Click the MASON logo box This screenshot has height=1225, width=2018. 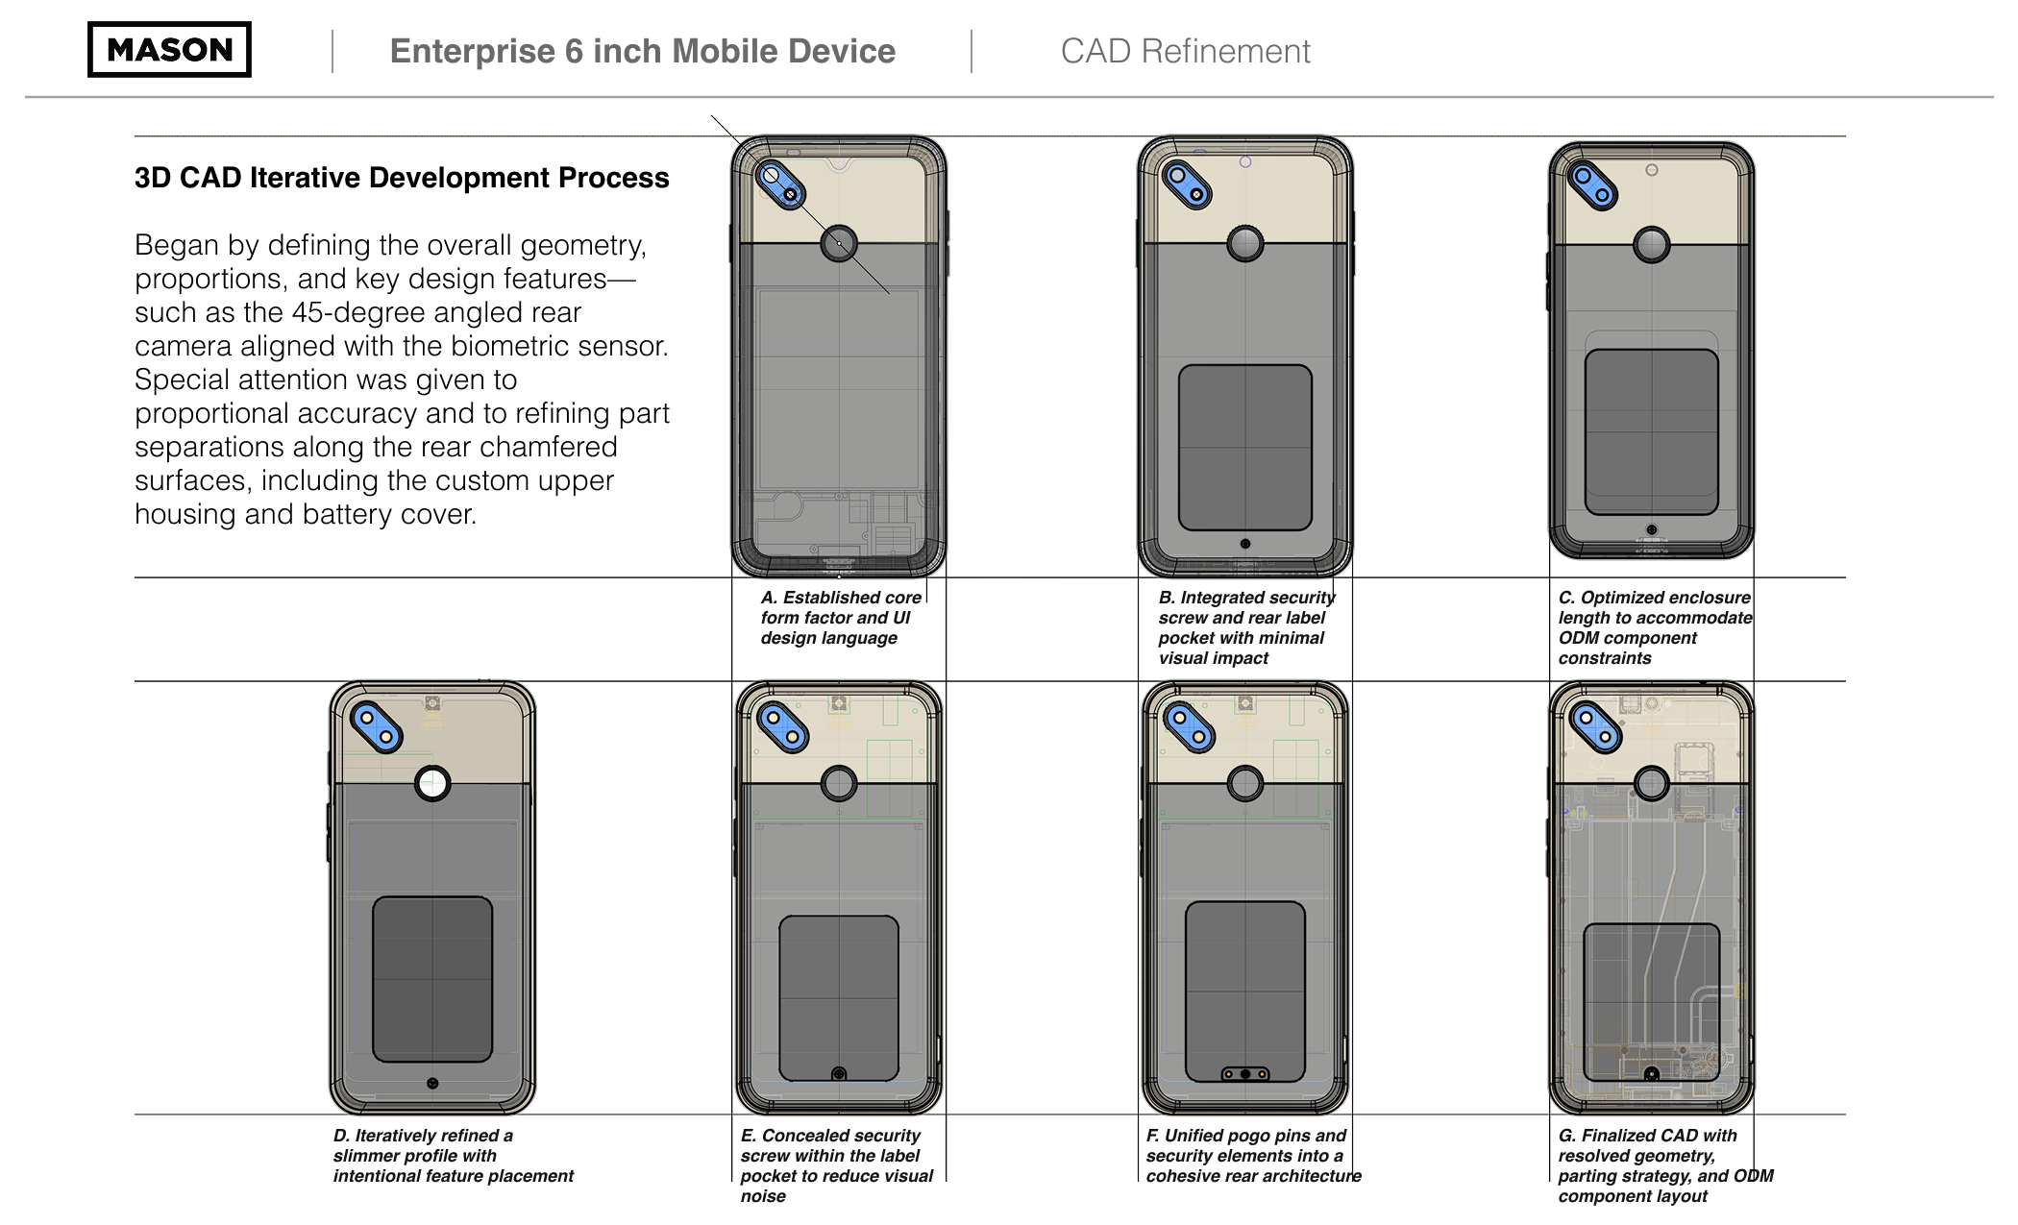pyautogui.click(x=169, y=49)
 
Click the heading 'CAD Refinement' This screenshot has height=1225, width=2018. pyautogui.click(x=1184, y=51)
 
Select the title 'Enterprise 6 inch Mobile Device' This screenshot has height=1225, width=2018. pyautogui.click(x=642, y=51)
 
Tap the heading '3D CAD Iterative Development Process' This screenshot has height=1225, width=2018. pyautogui.click(x=402, y=178)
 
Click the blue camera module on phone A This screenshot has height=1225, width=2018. pyautogui.click(x=780, y=184)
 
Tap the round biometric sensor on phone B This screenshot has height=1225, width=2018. pyautogui.click(x=1245, y=244)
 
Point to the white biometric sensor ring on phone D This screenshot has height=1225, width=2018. pyautogui.click(x=432, y=783)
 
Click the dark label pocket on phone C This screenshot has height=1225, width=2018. pyautogui.click(x=1651, y=432)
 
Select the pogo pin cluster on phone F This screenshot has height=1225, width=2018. pyautogui.click(x=1244, y=1073)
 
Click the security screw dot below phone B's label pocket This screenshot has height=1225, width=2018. pyautogui.click(x=1245, y=544)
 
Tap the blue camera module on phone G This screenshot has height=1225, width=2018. pyautogui.click(x=1595, y=726)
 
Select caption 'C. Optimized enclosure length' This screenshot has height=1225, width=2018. pyautogui.click(x=1653, y=626)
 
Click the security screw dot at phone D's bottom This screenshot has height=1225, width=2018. pyautogui.click(x=432, y=1083)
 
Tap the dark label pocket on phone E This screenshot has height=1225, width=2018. pyautogui.click(x=838, y=997)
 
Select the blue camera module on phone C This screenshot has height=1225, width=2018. pyautogui.click(x=1592, y=185)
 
